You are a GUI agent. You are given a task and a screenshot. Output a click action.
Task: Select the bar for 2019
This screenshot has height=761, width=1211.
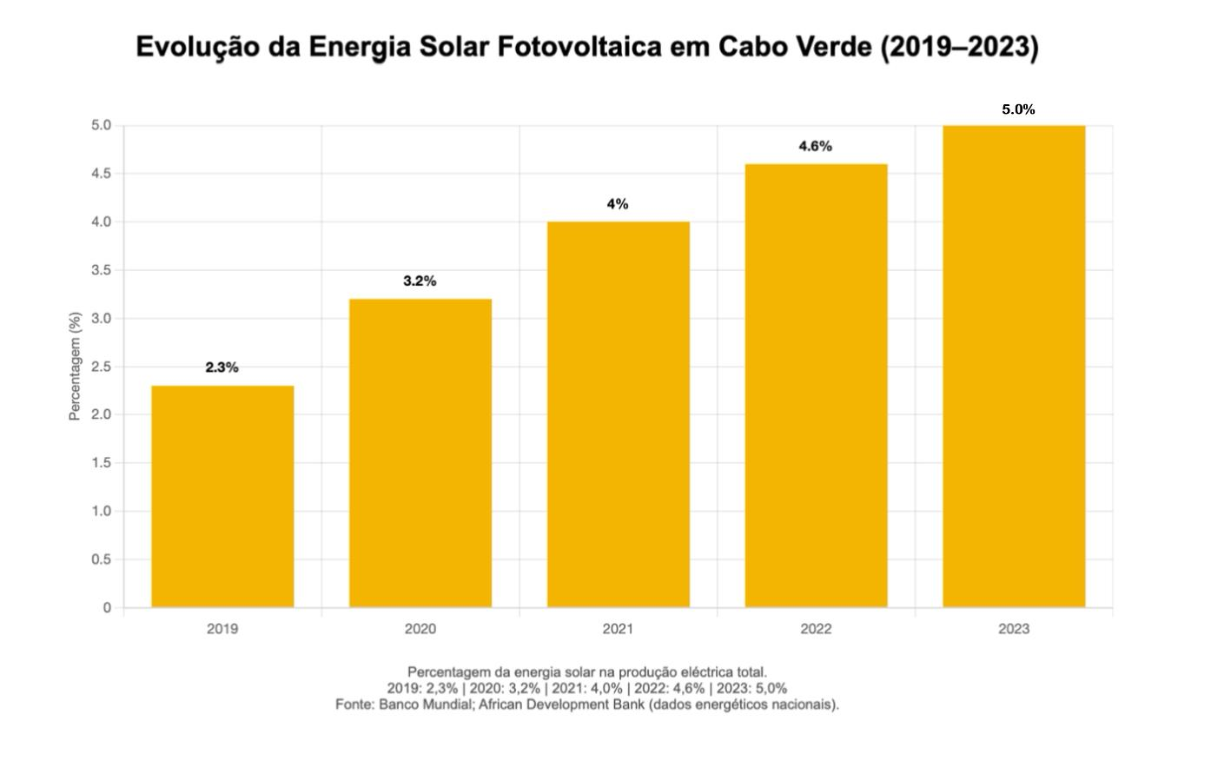tap(222, 496)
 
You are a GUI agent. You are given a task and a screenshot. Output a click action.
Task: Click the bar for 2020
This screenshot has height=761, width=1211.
tap(420, 453)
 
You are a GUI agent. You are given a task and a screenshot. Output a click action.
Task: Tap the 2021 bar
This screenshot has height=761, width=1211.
tap(619, 414)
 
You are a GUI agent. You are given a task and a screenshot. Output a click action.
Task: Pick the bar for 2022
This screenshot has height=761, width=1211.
tap(817, 386)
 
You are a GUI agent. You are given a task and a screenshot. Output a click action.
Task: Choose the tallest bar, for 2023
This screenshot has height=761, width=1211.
tap(1014, 367)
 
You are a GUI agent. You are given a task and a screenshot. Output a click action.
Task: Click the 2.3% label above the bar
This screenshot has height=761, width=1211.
tap(222, 367)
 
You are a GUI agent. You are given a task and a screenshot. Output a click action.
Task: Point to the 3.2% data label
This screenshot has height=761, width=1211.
tap(420, 281)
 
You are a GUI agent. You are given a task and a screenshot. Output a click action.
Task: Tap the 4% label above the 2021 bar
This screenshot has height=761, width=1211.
tap(618, 204)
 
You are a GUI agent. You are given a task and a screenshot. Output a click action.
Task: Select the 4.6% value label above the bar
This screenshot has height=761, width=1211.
tap(815, 146)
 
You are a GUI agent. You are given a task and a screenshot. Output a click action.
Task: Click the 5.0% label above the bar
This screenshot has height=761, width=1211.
tap(1018, 109)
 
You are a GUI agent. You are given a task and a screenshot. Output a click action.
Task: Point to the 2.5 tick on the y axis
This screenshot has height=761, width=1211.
tap(101, 367)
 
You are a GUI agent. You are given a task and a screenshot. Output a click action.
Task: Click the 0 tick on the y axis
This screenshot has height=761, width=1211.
tap(107, 608)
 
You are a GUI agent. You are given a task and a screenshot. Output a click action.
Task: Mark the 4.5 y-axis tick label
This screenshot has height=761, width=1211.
tap(101, 174)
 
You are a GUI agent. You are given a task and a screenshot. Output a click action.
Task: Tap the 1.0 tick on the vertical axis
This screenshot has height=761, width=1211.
tap(101, 512)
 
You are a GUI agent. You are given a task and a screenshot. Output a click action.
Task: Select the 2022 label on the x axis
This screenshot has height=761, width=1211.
tap(816, 629)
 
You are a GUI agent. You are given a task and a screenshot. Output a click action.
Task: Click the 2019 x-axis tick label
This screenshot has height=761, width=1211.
tap(222, 629)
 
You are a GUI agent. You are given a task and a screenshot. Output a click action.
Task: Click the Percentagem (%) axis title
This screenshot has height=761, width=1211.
tap(75, 366)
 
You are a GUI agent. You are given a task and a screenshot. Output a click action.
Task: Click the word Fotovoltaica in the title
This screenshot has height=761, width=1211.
tap(579, 47)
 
